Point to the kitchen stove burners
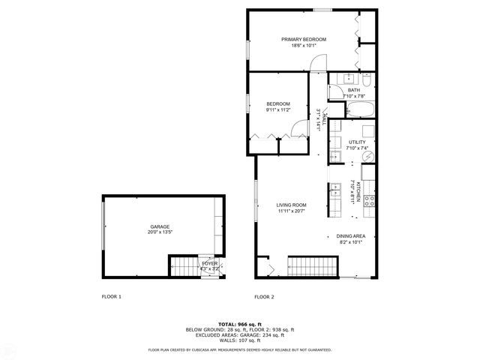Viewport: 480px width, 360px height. click(x=369, y=199)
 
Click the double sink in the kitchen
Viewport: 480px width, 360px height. click(x=330, y=196)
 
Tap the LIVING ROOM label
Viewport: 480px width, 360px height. click(x=291, y=205)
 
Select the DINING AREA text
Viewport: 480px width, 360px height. click(x=350, y=235)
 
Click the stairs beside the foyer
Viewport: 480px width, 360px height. click(x=182, y=266)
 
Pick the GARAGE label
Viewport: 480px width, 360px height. click(x=159, y=226)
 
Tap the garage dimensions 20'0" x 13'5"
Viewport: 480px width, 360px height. click(x=159, y=232)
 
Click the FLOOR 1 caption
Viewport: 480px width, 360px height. click(x=111, y=297)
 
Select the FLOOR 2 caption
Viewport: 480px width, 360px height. click(x=264, y=297)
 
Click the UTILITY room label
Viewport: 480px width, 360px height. click(x=357, y=142)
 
